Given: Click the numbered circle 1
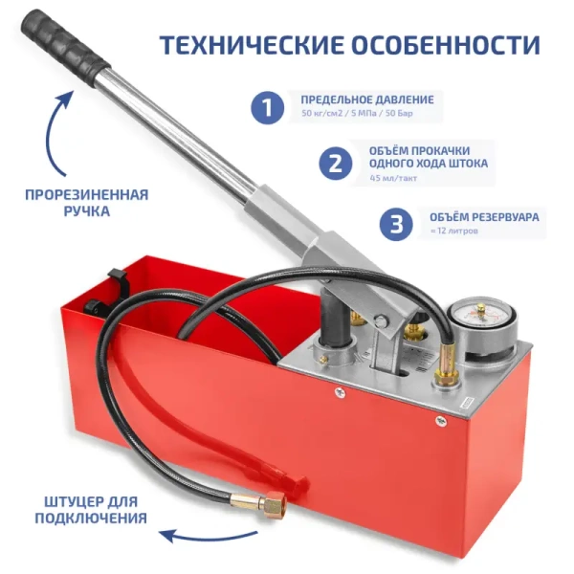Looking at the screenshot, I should point(269,106).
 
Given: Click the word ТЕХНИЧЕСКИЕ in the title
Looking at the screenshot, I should point(251,44).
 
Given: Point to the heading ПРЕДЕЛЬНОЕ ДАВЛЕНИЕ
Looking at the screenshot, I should point(367,99).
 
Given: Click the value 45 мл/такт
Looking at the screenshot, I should point(394,178).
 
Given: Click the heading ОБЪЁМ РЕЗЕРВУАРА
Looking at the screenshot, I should point(484,217).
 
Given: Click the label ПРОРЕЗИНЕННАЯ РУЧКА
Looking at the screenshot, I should point(86,202).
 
